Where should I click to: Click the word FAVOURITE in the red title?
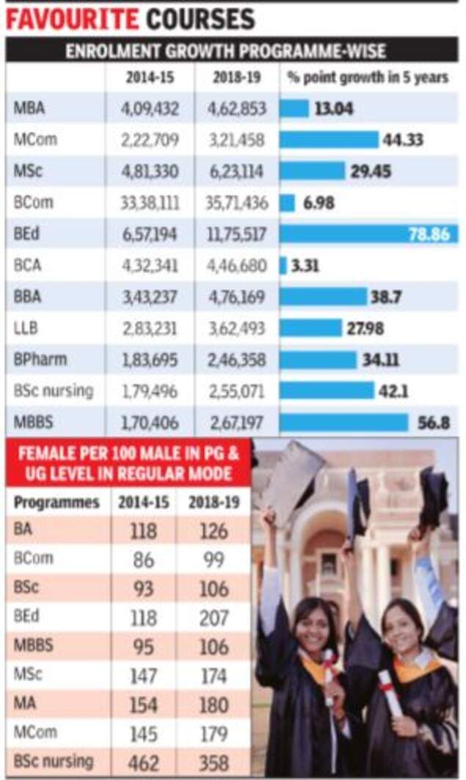(72, 18)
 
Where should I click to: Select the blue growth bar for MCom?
(329, 140)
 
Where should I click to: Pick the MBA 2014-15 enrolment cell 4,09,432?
(150, 108)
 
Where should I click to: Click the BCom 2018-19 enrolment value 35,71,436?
(236, 203)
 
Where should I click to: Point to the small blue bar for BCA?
(283, 265)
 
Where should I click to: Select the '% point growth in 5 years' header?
(368, 78)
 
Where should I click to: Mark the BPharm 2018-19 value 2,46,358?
(236, 360)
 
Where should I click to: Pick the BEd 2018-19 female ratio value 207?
(214, 617)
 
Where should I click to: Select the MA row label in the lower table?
(25, 704)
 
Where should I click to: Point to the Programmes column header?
(57, 503)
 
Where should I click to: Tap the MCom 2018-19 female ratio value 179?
(214, 733)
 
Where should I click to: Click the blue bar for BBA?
(323, 297)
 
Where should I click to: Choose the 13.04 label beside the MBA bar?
(334, 109)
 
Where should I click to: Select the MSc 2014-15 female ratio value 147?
(143, 675)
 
